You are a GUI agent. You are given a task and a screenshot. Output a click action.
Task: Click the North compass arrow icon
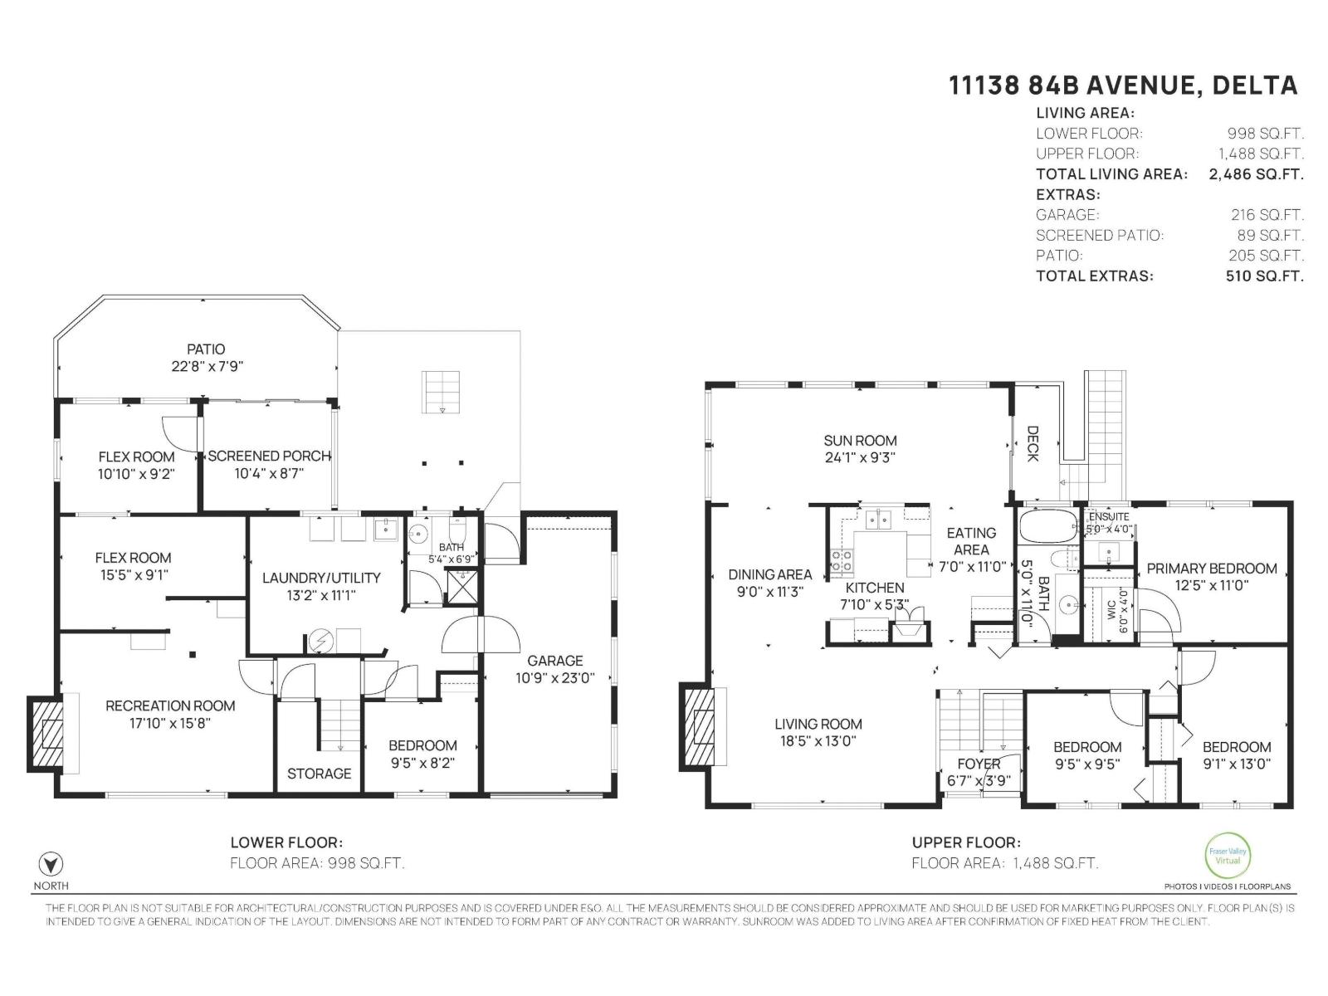(51, 863)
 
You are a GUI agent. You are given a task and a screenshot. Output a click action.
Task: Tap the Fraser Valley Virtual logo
(1228, 855)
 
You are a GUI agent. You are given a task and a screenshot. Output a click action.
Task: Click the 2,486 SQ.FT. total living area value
(1256, 174)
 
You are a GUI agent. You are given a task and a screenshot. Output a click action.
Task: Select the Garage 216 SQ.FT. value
(1267, 215)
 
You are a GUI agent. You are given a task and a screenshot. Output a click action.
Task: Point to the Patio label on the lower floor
(206, 349)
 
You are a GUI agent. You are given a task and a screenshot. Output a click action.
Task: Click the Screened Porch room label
(269, 456)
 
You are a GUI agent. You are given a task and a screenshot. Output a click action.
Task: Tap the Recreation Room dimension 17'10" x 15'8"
(170, 723)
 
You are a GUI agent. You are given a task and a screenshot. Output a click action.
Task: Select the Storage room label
(320, 774)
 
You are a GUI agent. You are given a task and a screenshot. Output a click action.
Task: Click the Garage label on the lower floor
(554, 661)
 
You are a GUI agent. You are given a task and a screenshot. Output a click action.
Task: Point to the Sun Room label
(860, 441)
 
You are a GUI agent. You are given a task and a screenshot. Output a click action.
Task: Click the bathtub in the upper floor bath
(1047, 526)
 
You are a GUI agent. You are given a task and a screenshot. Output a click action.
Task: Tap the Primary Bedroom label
(1211, 569)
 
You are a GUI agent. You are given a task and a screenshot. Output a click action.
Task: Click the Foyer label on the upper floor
(979, 764)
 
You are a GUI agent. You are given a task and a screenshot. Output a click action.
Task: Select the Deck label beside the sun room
(1033, 444)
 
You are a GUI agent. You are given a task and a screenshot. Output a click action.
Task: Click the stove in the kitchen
(842, 562)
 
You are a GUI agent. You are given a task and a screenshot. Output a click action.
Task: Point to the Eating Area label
(971, 541)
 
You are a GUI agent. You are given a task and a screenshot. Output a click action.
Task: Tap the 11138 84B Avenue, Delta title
(1123, 85)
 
